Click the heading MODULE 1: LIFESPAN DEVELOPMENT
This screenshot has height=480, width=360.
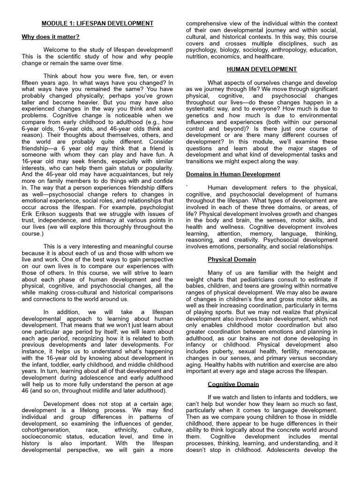97,23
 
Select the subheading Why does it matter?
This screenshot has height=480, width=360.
51,37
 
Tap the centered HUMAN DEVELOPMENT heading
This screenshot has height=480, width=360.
262,69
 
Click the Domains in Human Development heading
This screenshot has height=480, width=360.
233,174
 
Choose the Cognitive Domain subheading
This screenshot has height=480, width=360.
233,384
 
